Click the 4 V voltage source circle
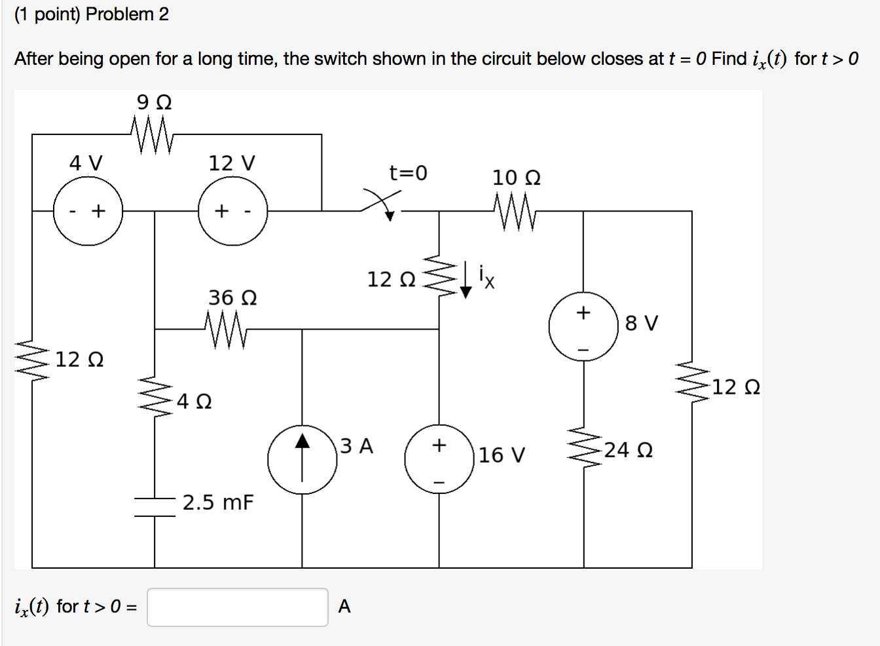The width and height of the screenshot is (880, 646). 88,211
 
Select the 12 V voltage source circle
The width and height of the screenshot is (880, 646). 233,211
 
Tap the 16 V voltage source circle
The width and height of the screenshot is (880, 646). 439,459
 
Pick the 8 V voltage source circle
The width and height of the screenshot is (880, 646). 583,326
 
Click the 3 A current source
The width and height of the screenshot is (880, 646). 302,460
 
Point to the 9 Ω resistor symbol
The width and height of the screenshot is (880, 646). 153,134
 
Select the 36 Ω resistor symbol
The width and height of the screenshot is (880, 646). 226,329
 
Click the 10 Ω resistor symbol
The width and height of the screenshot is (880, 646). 515,211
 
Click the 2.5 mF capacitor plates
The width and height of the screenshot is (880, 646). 155,507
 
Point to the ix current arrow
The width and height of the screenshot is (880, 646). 466,280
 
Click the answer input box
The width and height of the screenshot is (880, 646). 238,607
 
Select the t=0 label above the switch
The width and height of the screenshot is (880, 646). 408,173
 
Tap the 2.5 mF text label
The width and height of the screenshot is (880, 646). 218,503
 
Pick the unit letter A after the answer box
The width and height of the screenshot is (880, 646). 344,607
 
